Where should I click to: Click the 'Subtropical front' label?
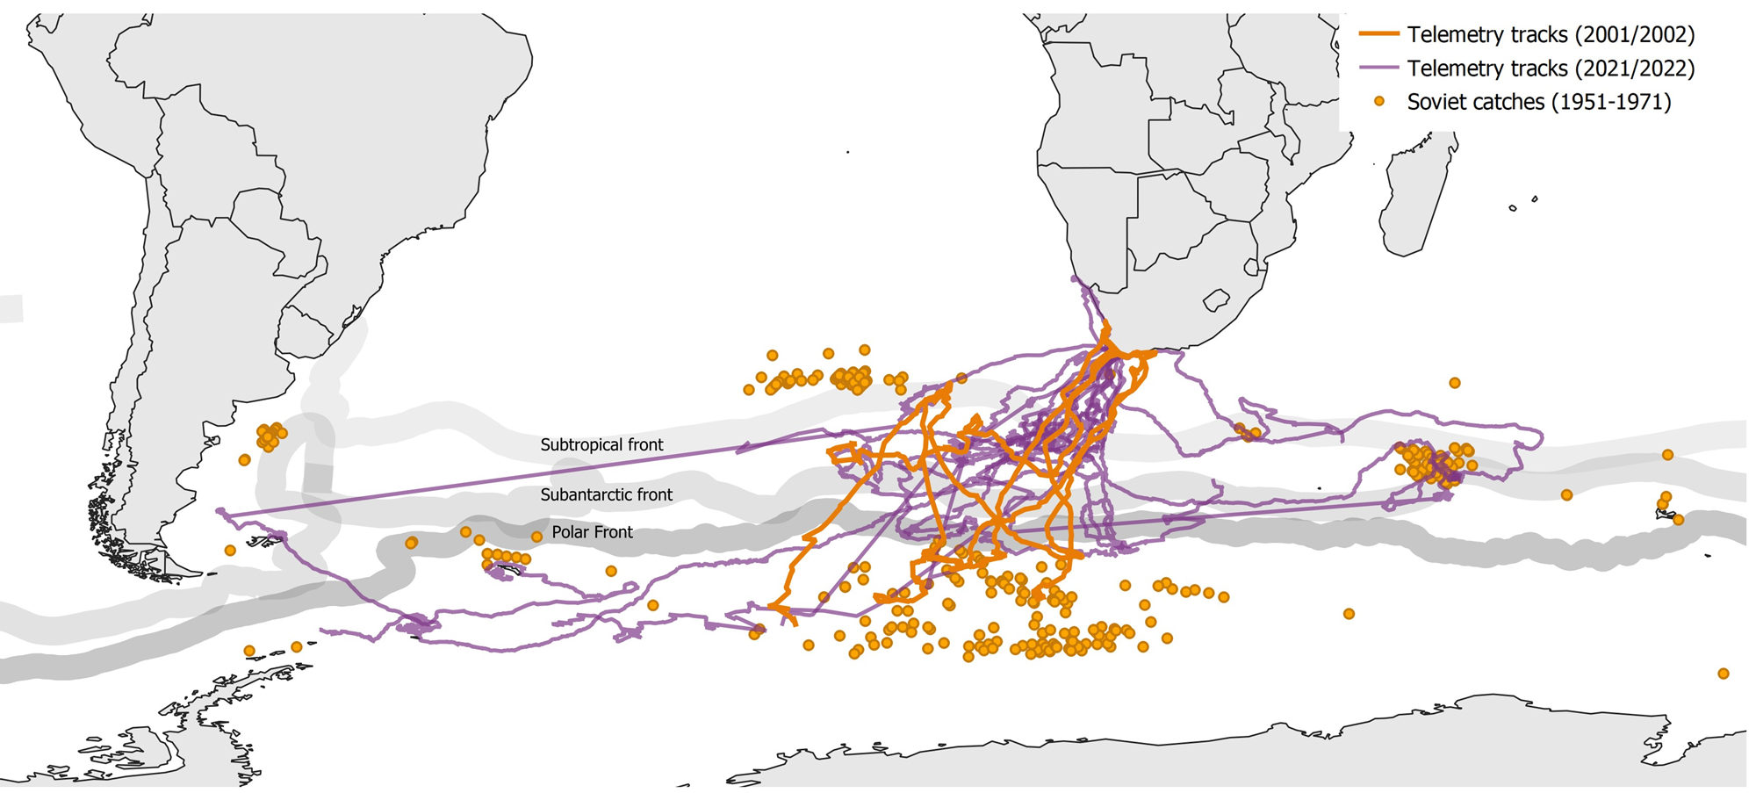click(x=601, y=445)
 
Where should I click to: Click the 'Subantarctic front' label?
click(x=606, y=495)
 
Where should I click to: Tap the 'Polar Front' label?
click(x=592, y=532)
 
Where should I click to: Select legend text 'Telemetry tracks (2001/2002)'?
click(x=1551, y=34)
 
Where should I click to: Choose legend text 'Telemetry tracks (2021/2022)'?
click(x=1551, y=68)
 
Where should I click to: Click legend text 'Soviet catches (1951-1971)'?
click(x=1538, y=102)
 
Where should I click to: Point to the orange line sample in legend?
click(x=1378, y=34)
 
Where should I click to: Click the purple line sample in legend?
click(x=1378, y=68)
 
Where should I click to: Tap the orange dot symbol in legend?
click(x=1379, y=102)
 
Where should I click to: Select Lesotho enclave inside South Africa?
click(x=1216, y=301)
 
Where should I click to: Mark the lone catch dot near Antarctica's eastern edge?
click(x=1723, y=674)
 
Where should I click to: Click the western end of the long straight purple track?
click(x=219, y=512)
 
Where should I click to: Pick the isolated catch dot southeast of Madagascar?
click(x=1455, y=383)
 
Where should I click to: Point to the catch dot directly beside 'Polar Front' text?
click(x=536, y=537)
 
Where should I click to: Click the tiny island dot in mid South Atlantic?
click(x=848, y=153)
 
